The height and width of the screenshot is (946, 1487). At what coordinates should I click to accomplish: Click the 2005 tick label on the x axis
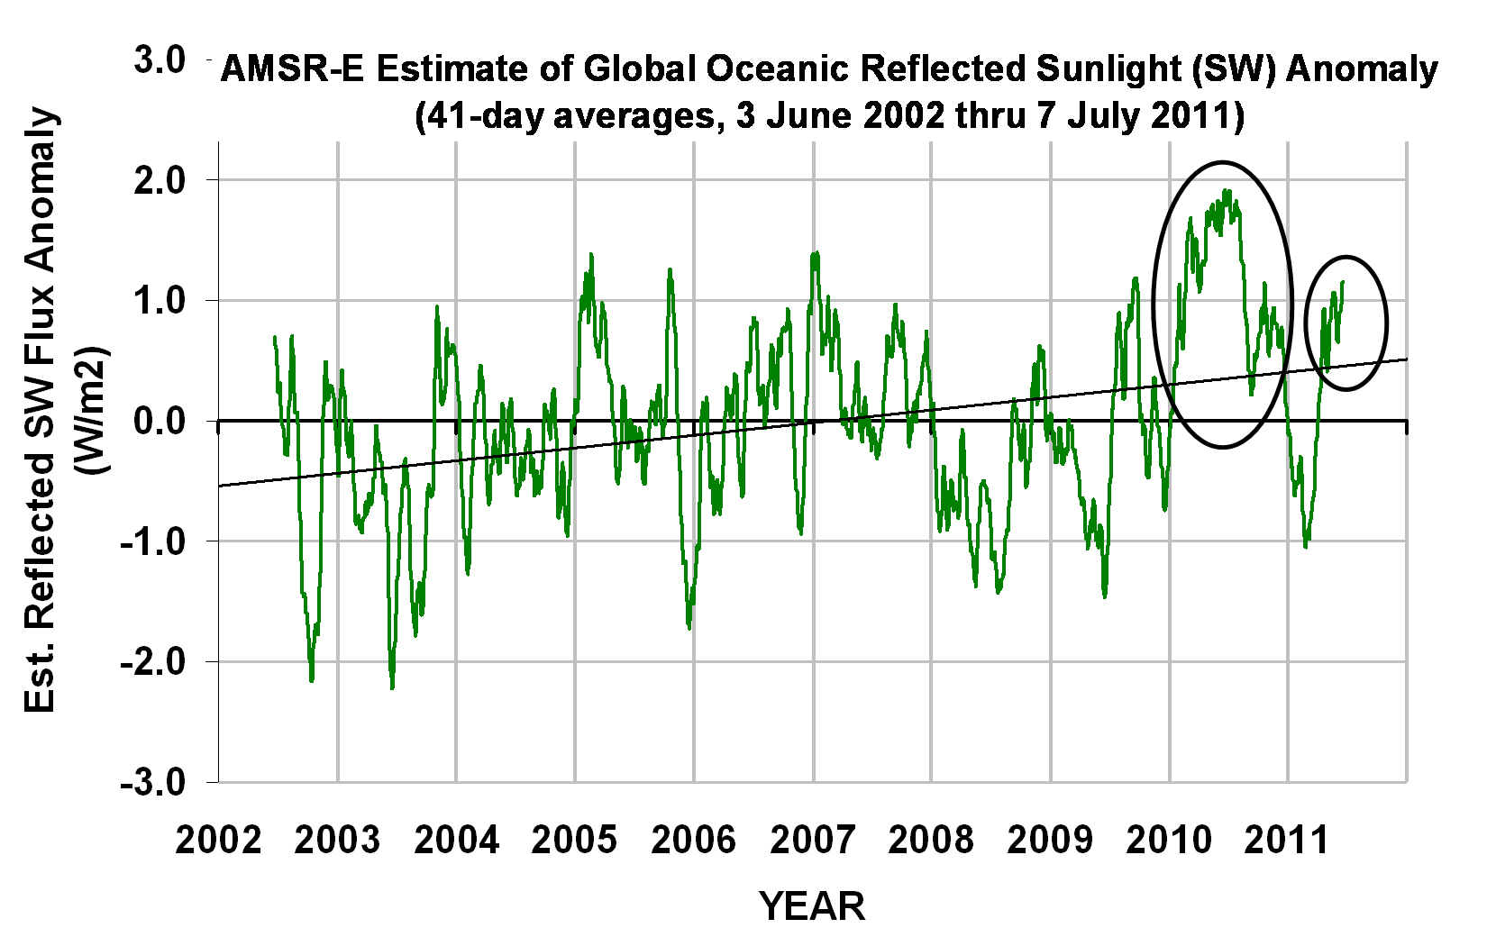[x=574, y=840]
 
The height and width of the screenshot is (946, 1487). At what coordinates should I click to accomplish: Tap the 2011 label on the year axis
[x=1287, y=840]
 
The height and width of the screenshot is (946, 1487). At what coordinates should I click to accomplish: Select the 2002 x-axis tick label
[x=219, y=840]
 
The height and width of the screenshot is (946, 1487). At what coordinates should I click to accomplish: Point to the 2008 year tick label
[x=931, y=840]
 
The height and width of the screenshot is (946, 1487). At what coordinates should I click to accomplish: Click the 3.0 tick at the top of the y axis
[x=160, y=61]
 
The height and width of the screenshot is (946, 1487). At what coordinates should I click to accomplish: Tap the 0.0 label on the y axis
[x=160, y=421]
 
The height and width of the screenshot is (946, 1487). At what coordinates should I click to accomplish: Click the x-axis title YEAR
[x=812, y=906]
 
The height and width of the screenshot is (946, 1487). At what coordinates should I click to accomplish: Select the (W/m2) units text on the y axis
[x=94, y=410]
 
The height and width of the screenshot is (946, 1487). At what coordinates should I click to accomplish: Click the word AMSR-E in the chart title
[x=292, y=69]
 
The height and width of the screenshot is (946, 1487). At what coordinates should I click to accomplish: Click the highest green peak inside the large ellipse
[x=1227, y=191]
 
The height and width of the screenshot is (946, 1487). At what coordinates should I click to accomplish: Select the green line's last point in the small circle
[x=1343, y=282]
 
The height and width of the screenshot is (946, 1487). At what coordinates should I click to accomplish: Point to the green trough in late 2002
[x=312, y=680]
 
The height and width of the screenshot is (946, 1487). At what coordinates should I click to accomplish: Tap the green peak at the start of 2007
[x=816, y=253]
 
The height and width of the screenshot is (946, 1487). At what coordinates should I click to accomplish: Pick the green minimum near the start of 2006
[x=689, y=627]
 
